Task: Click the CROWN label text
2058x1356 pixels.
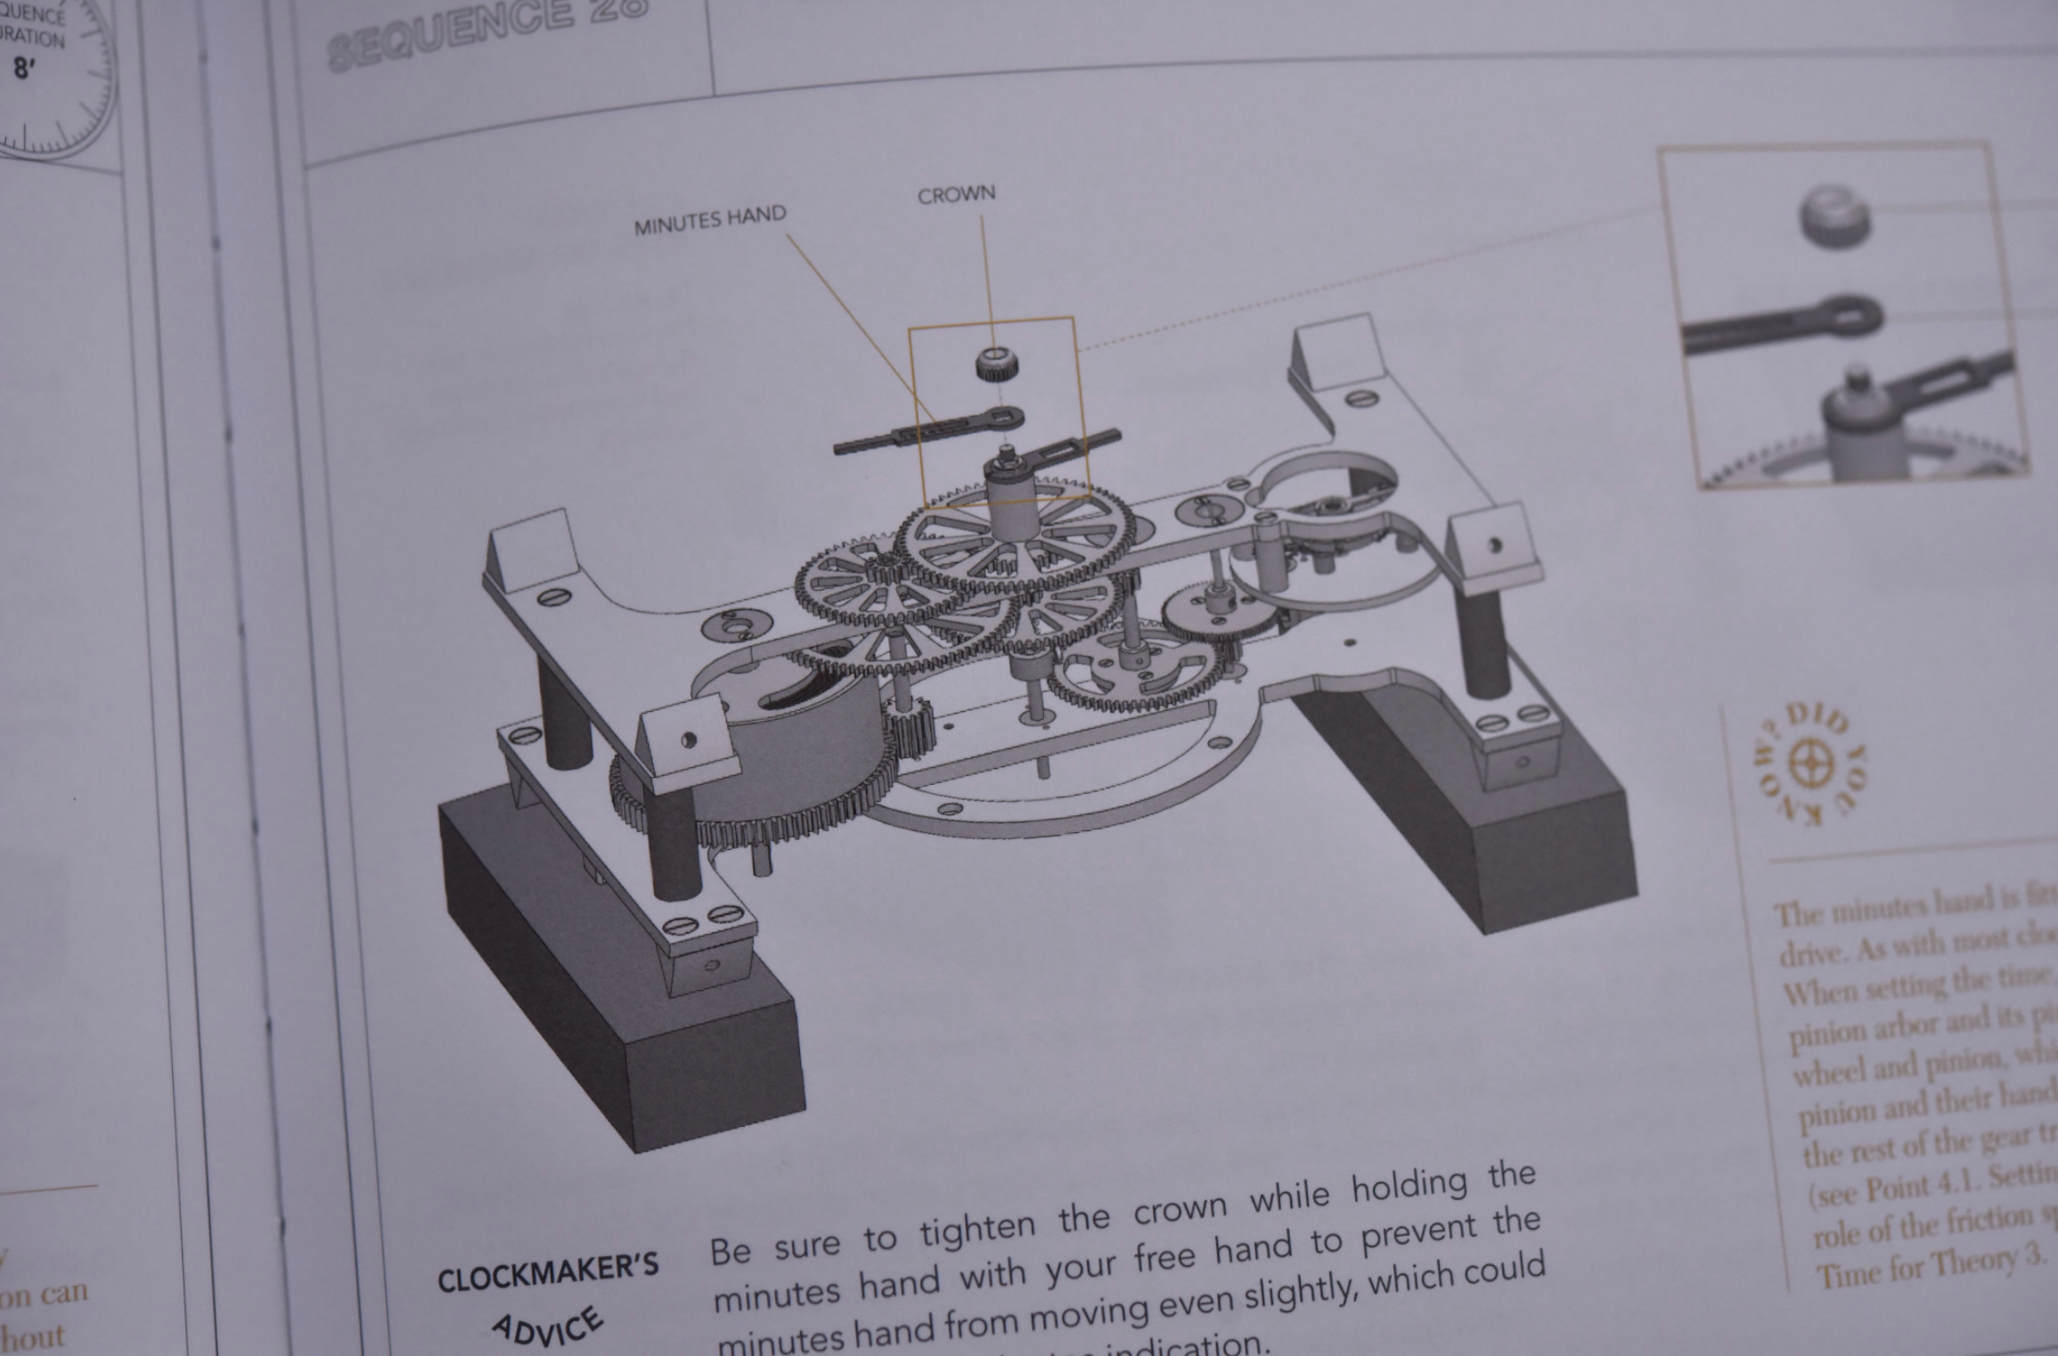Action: click(956, 194)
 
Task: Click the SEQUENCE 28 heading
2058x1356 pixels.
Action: click(486, 32)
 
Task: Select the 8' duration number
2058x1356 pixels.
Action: click(23, 69)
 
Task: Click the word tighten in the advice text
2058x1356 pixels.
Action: click(976, 1229)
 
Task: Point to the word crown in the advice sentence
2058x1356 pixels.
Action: click(1180, 1209)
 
